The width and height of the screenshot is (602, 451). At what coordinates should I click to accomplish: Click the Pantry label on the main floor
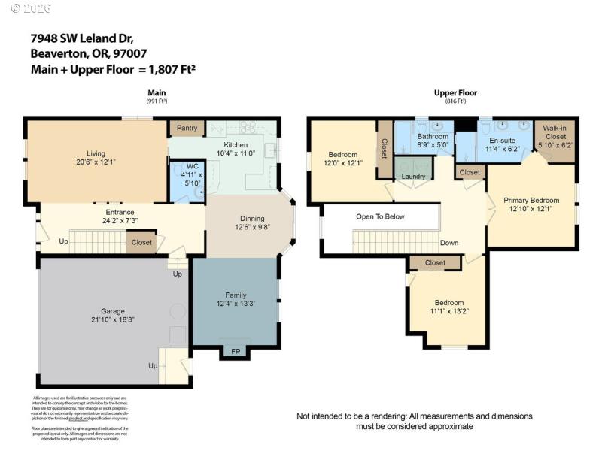click(187, 128)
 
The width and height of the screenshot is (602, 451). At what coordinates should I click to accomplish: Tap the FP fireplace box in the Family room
click(235, 351)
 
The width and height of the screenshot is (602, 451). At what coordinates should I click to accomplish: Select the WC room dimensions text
click(192, 177)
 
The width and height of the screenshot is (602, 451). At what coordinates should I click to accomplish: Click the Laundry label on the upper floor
click(413, 177)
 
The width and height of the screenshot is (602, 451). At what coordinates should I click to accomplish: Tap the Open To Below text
click(380, 216)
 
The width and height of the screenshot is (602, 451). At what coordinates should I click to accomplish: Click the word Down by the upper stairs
click(449, 243)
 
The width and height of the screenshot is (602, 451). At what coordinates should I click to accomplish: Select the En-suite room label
click(503, 140)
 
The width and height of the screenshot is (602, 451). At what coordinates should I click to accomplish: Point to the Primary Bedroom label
click(532, 200)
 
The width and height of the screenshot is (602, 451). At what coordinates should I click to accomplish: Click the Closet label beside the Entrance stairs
click(141, 242)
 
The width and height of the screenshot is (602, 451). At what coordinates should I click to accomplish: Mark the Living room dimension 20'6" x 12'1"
click(96, 162)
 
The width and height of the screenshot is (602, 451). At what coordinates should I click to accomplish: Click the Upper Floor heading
click(455, 93)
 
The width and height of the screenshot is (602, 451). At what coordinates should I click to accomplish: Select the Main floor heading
click(157, 93)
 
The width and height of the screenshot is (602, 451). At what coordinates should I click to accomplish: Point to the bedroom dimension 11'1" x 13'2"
click(449, 310)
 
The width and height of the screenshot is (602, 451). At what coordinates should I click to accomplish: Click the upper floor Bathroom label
click(433, 136)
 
